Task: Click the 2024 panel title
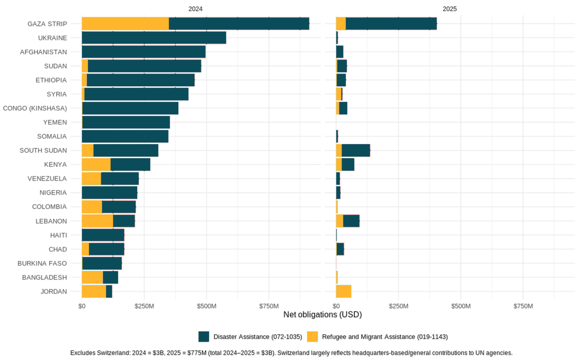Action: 195,9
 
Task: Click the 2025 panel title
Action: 449,9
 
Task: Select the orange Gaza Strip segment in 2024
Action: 125,24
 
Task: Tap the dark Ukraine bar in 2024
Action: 153,38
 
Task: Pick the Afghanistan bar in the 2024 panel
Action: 144,52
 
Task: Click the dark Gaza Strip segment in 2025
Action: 391,24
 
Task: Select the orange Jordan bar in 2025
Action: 343,291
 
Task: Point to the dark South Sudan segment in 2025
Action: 356,150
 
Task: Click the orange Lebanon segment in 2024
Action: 97,221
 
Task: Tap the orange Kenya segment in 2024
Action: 96,164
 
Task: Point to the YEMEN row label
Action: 55,122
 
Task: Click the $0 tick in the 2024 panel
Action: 82,306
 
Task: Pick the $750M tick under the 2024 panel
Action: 269,306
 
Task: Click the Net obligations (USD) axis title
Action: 323,315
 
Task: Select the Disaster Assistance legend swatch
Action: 204,336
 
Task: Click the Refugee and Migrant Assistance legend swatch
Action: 313,336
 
